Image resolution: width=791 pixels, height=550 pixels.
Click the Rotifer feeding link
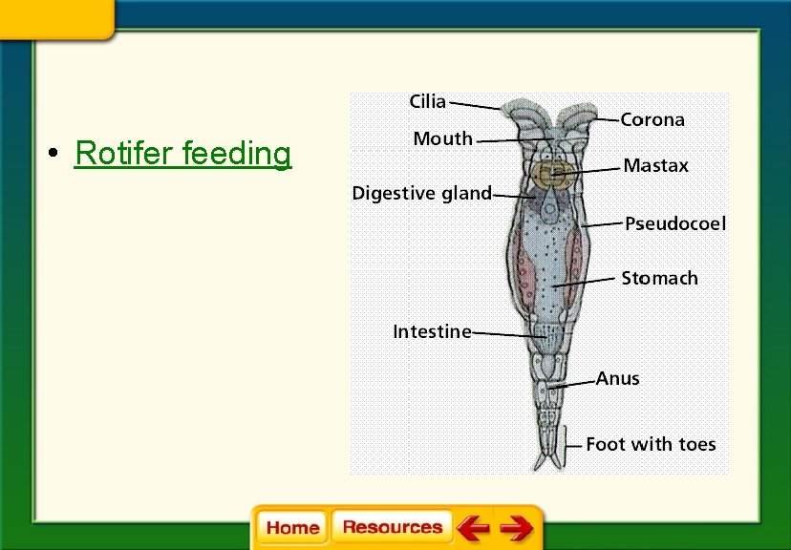pos(182,153)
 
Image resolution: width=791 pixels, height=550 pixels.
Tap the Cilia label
pos(427,101)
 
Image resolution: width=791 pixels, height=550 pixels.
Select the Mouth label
pos(442,139)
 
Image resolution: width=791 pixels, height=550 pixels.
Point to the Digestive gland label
pos(421,194)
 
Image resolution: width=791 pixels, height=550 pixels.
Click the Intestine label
pos(432,332)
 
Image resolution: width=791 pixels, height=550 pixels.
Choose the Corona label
pos(652,120)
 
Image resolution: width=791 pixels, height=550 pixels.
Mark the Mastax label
pos(655,166)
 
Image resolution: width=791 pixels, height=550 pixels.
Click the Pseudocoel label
pos(674,224)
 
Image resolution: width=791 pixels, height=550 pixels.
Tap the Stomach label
pos(659,279)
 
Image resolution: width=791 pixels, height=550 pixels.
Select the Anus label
pos(617,379)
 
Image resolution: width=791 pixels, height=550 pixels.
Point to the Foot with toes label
pos(650,445)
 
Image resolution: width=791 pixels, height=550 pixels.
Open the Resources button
pos(392,527)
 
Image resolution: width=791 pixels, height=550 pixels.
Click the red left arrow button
pos(472,527)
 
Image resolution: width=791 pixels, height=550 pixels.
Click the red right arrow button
pos(517,527)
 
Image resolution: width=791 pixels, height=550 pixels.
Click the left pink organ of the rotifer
pos(523,267)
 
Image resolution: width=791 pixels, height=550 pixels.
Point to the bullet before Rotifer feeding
pos(58,154)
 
